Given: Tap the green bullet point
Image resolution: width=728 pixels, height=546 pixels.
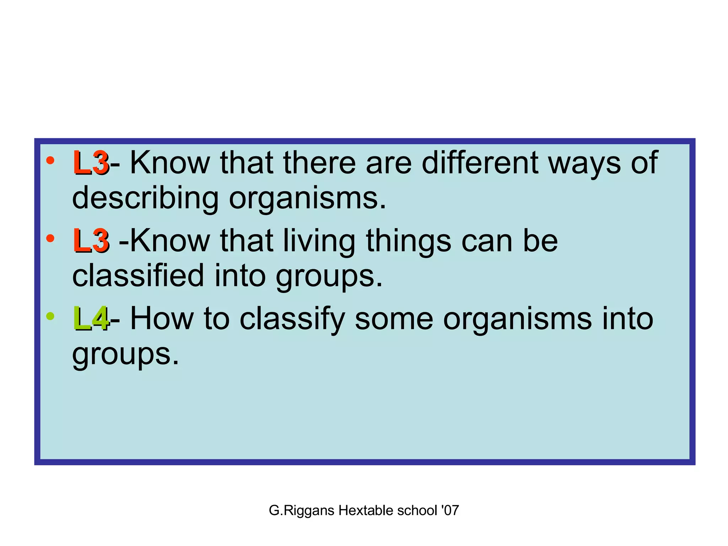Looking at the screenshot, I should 50,316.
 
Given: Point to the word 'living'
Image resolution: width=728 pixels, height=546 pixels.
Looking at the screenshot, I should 319,241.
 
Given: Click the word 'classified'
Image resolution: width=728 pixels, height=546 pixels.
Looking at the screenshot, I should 138,275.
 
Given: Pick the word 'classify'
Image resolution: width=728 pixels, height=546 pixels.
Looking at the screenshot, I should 293,319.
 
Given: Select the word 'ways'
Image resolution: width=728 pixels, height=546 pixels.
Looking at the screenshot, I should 584,164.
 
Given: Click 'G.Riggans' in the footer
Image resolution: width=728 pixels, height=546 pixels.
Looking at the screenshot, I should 301,511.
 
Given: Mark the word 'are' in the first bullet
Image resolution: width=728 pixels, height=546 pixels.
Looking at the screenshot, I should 389,163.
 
